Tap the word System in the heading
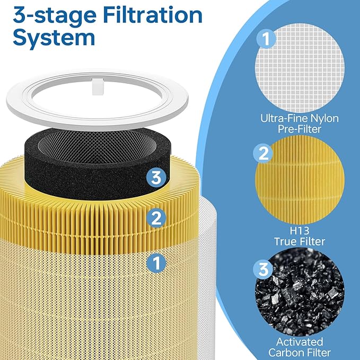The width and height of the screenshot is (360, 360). tap(55, 37)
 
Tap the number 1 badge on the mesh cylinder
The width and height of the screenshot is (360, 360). tap(155, 261)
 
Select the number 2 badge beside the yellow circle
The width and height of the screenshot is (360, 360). tap(264, 154)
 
